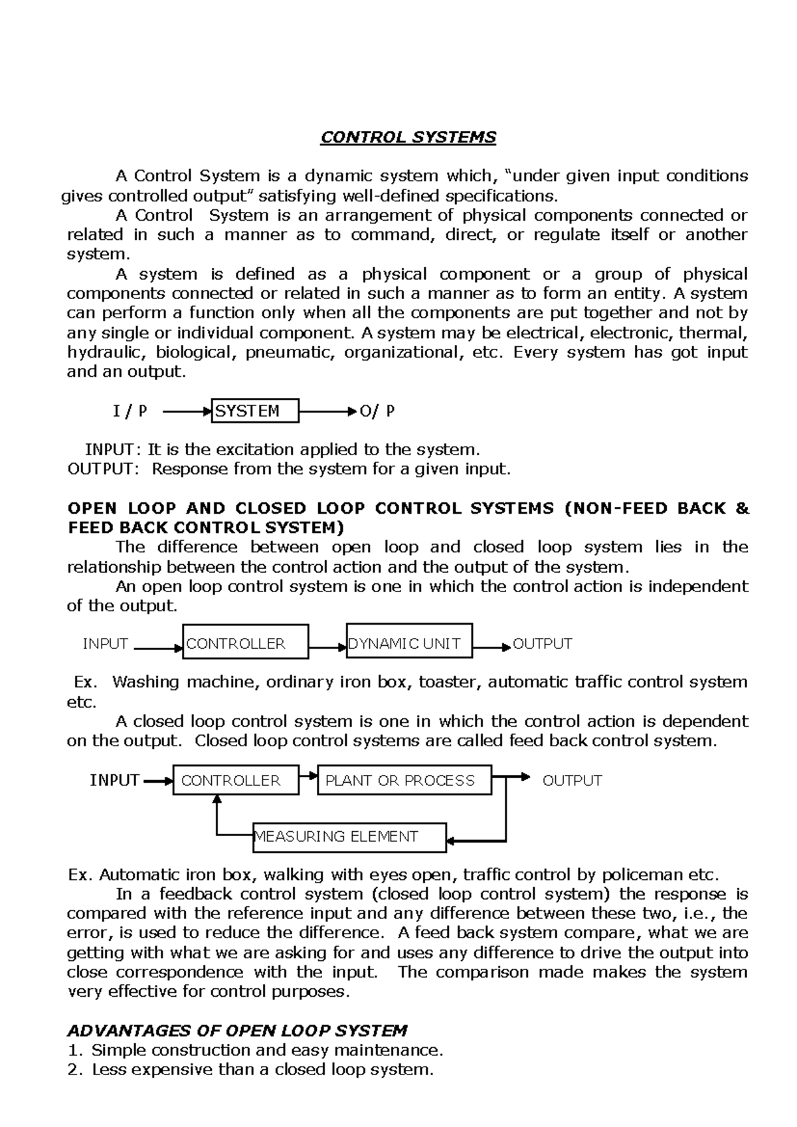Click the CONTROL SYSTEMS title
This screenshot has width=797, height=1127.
408,138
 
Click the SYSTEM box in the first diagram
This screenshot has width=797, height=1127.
256,411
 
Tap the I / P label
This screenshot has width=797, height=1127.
130,411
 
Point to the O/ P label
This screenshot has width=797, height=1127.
377,411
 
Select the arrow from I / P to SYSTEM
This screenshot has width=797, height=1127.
186,412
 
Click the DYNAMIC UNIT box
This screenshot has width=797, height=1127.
409,641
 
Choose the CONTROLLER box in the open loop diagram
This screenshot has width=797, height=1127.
245,642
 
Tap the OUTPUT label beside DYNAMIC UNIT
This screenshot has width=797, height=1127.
542,644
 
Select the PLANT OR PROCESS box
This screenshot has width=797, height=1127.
405,780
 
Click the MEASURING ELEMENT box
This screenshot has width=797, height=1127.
349,837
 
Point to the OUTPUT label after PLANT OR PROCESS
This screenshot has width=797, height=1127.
572,781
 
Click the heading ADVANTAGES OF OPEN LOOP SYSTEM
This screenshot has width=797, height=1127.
237,1031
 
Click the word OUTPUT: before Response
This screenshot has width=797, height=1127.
104,469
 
